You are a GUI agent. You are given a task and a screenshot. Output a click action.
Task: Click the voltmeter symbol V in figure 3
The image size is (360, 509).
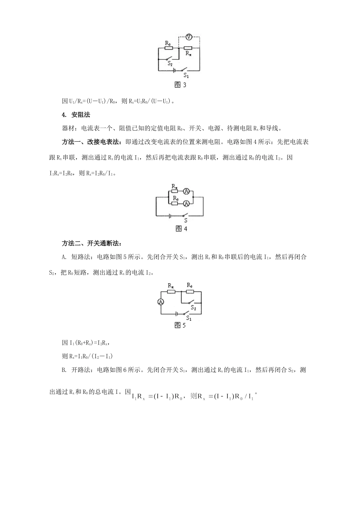coord(189,37)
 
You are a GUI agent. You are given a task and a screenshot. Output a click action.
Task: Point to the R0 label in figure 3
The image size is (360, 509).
coord(168,44)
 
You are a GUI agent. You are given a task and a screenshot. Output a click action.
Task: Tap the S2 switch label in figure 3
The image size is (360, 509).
coord(170,64)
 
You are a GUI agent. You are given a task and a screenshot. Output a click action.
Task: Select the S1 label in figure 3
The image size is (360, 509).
coord(186,75)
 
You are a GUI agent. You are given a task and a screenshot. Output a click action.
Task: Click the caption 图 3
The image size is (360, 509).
coord(180,85)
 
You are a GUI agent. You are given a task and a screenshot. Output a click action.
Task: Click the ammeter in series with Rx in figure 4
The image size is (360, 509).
coord(186,192)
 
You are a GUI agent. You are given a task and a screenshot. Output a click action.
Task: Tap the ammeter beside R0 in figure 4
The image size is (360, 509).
coord(186,204)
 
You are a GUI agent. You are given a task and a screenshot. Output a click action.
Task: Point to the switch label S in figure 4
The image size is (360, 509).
coord(185,220)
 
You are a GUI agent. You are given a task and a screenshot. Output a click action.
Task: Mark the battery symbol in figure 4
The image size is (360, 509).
coord(170,216)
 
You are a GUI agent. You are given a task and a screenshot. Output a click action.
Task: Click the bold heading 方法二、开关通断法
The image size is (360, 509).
coord(91,243)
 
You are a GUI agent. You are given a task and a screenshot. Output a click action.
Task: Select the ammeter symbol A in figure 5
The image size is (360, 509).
coord(161,301)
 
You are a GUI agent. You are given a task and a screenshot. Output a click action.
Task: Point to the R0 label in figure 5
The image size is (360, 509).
coord(189,285)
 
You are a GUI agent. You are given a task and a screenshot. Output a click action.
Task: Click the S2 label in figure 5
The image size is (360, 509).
coord(193,307)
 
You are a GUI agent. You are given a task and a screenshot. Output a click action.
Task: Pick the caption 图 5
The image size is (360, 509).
coord(180,325)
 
